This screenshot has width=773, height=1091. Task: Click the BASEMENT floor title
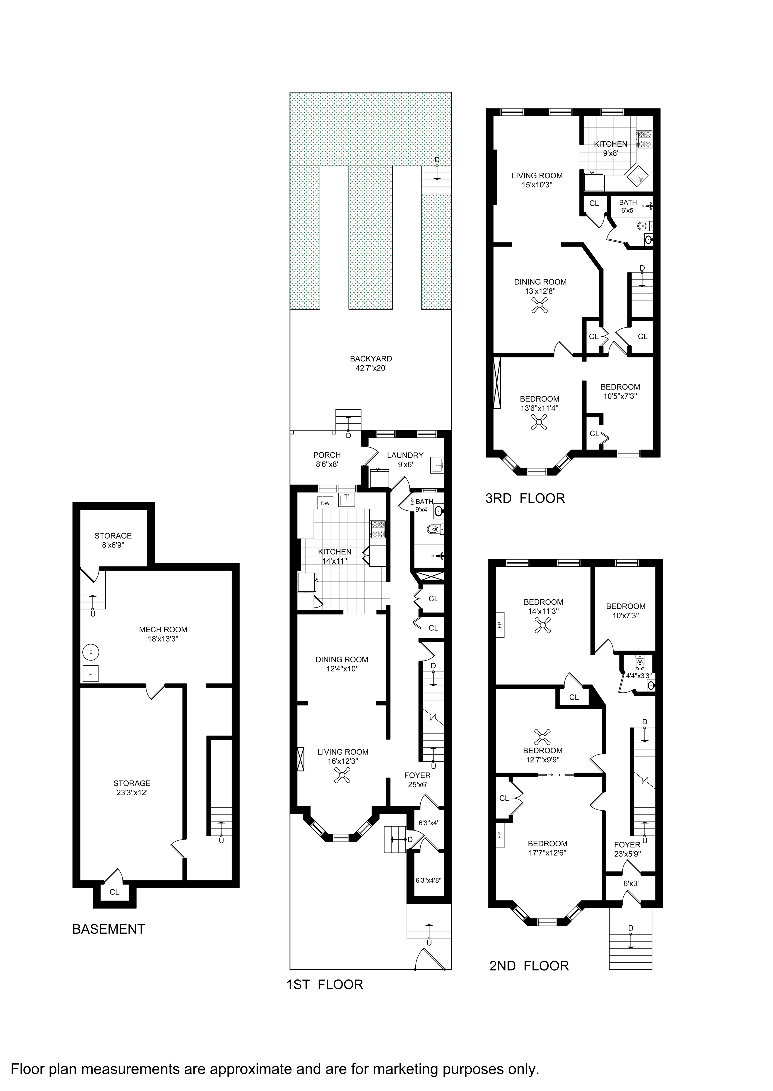tap(109, 929)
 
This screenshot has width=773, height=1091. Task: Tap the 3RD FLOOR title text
tap(525, 499)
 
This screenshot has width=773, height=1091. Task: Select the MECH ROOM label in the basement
tap(163, 630)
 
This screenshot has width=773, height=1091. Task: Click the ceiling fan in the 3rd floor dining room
tap(540, 305)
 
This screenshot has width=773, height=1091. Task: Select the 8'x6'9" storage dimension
tap(113, 545)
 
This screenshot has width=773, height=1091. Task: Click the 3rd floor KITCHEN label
tap(611, 144)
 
